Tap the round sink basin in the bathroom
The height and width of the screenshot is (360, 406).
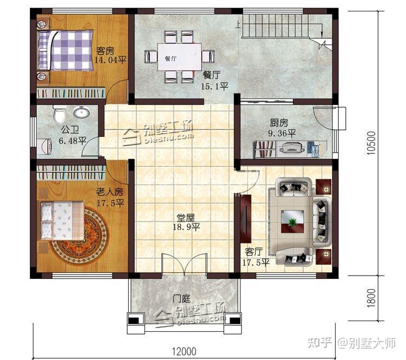click(x=82, y=113)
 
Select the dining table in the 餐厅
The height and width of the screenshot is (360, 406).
click(x=180, y=57)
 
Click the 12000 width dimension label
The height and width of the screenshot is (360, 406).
click(x=184, y=351)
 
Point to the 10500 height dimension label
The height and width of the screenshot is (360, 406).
click(x=371, y=143)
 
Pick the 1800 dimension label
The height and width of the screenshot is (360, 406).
click(x=371, y=298)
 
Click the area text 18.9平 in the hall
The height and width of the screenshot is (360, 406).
click(x=186, y=227)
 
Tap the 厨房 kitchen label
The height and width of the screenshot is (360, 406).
click(x=279, y=122)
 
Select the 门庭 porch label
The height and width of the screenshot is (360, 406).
click(x=181, y=298)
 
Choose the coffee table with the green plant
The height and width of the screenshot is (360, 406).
click(x=293, y=221)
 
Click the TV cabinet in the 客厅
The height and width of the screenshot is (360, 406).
click(x=245, y=219)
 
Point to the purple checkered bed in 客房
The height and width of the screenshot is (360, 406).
click(x=66, y=50)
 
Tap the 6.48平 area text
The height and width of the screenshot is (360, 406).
click(x=73, y=141)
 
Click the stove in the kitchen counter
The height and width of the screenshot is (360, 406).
click(x=291, y=149)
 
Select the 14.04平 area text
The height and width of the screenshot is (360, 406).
click(x=110, y=60)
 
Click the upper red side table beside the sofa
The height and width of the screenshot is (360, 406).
click(x=324, y=186)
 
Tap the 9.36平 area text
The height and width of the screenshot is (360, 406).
click(x=282, y=133)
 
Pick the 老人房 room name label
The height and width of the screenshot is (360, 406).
click(x=110, y=192)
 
